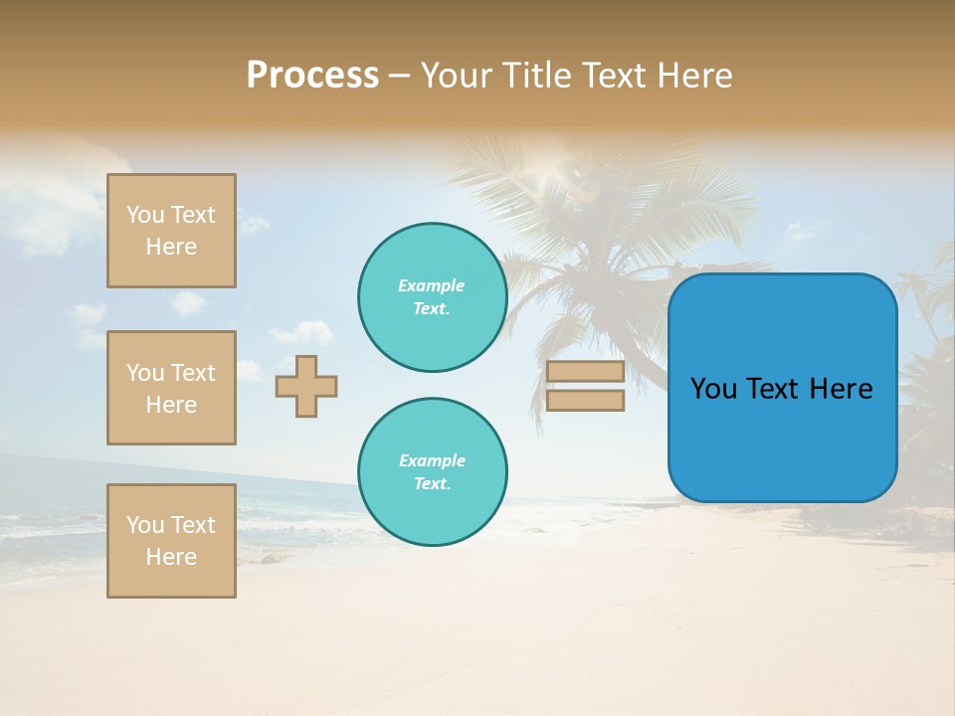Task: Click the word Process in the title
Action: [x=312, y=76]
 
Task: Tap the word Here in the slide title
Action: [x=693, y=76]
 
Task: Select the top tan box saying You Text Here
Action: [x=171, y=231]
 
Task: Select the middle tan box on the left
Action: [x=171, y=388]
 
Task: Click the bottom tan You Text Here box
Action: [x=171, y=541]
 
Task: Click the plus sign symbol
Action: [x=306, y=386]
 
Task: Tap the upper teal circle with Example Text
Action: [x=432, y=297]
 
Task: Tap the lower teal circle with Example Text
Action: [x=432, y=472]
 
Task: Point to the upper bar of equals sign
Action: [x=585, y=371]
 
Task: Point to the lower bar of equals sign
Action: [x=585, y=401]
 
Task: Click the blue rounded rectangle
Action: [x=782, y=438]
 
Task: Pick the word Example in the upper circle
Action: [x=432, y=285]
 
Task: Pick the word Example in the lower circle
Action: [x=432, y=460]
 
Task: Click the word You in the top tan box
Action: [x=145, y=215]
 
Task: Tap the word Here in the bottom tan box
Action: [x=171, y=557]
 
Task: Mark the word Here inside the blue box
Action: [x=841, y=389]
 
